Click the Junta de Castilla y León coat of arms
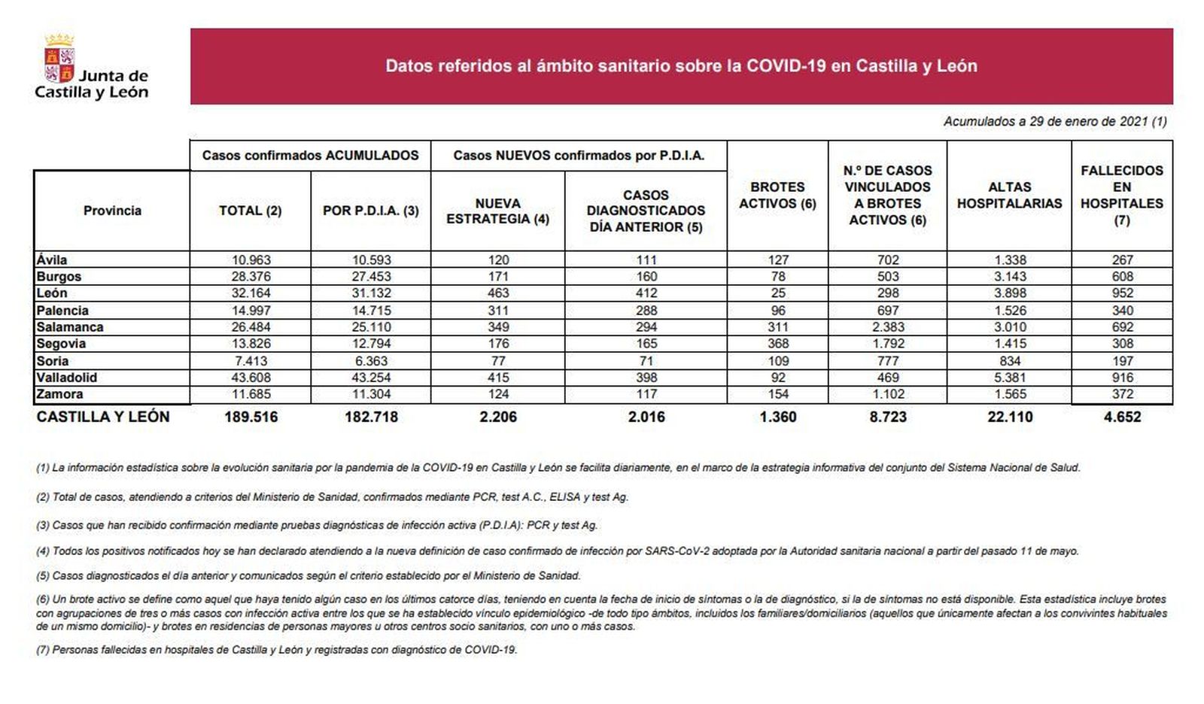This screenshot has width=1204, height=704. tap(59, 58)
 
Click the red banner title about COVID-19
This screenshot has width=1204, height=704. tap(681, 66)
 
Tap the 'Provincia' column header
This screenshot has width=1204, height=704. tap(112, 211)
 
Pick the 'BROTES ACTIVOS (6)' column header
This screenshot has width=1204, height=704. tap(777, 196)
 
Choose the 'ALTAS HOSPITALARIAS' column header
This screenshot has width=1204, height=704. tap(1009, 196)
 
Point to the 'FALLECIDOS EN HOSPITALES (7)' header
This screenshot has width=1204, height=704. tap(1121, 196)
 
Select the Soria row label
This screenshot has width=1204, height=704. tap(53, 361)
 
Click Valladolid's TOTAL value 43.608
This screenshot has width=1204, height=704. tap(251, 378)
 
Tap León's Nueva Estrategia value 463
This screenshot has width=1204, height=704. tap(497, 293)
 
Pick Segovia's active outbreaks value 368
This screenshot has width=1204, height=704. tap(777, 344)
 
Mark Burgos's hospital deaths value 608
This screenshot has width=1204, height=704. tap(1121, 277)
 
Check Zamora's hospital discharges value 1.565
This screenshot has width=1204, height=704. tap(1009, 394)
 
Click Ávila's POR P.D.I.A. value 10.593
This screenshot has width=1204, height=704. tap(371, 260)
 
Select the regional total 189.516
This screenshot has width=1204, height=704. tap(251, 417)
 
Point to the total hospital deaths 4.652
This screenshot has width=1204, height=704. tap(1121, 417)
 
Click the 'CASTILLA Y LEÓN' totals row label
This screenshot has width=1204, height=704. tap(103, 417)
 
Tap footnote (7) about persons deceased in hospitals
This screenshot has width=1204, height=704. tap(276, 650)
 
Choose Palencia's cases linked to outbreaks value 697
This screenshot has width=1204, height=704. tap(888, 311)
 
